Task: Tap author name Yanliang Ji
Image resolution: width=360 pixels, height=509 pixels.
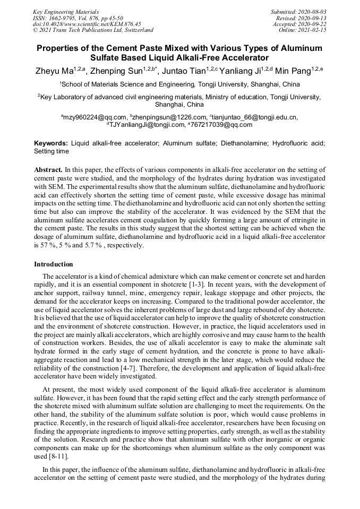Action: tap(242, 71)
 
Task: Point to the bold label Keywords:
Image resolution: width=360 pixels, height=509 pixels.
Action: tap(51, 143)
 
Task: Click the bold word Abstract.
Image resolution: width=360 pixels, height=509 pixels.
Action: tap(48, 170)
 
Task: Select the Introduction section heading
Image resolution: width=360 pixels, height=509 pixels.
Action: tap(54, 264)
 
